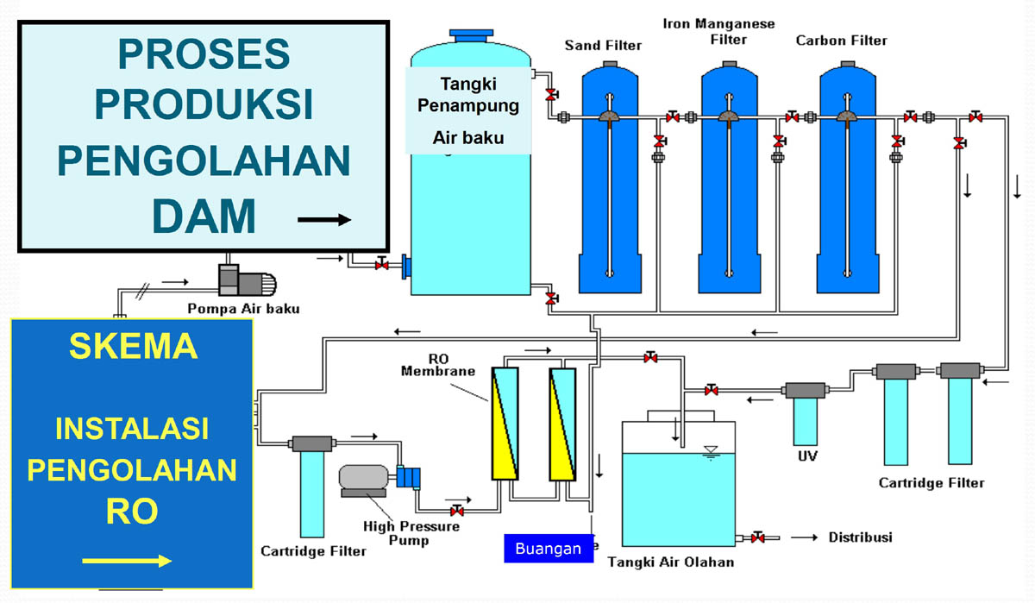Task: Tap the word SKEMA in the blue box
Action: [134, 347]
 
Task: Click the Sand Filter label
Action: [603, 45]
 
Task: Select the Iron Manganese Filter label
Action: [718, 31]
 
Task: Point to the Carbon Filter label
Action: [841, 41]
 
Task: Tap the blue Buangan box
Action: [549, 549]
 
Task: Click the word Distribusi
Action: [860, 537]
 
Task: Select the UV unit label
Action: [807, 455]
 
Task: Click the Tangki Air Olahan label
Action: [671, 562]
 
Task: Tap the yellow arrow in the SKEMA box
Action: [127, 562]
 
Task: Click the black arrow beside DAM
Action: [324, 220]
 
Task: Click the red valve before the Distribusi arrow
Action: [758, 537]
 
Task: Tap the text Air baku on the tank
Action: [468, 137]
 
